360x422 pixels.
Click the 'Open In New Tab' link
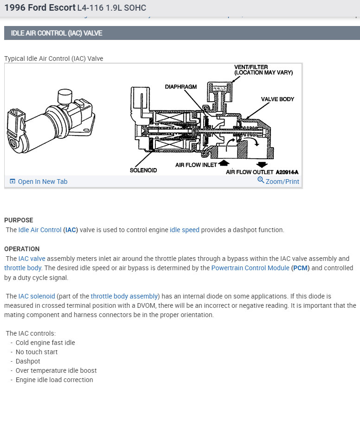point(42,182)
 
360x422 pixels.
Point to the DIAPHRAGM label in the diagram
point(180,87)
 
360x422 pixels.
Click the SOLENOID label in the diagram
point(143,170)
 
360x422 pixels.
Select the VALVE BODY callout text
point(277,99)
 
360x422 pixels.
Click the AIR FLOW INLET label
point(196,165)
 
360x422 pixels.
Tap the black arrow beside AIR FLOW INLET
point(224,163)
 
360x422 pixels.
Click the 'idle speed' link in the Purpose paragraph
point(184,230)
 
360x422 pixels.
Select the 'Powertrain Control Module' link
point(251,268)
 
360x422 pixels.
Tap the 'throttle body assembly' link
point(124,296)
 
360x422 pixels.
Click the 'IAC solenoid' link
point(37,296)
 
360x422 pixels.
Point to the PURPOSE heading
point(19,220)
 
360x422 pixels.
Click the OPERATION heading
point(22,249)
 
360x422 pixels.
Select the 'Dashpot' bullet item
point(28,361)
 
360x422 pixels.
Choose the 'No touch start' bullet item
point(37,352)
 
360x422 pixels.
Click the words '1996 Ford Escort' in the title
point(40,8)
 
